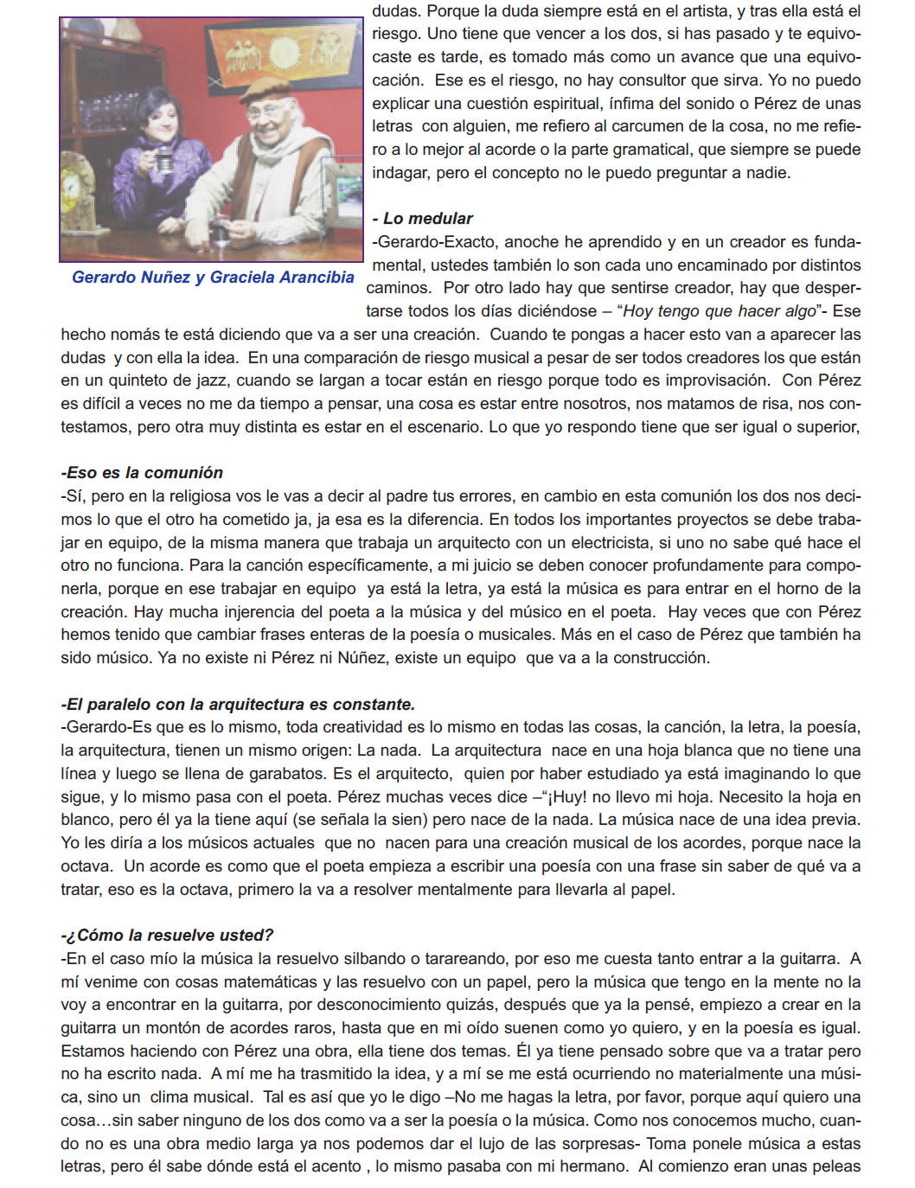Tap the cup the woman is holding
161,160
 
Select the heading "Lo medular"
423,219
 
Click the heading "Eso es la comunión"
142,473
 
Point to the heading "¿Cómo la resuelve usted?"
167,936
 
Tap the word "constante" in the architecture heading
376,705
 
